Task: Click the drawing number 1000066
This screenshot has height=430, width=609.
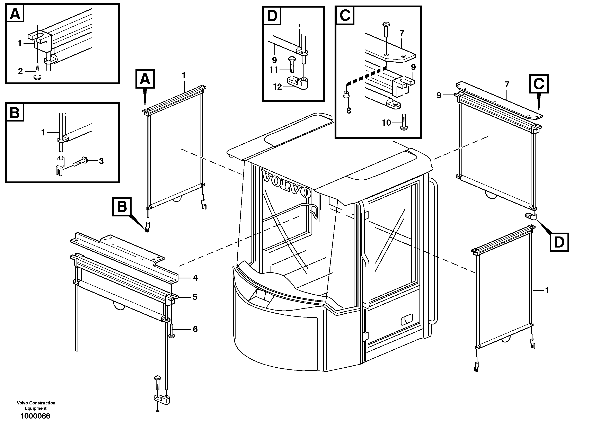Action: pos(35,416)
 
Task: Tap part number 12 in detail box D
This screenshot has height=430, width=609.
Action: pos(277,87)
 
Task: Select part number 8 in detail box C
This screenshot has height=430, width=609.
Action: pos(348,110)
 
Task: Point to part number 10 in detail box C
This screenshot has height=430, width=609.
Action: pos(387,123)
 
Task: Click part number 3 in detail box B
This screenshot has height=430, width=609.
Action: pos(101,161)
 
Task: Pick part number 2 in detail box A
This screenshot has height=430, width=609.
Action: pos(20,71)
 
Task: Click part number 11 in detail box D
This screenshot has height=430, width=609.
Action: pos(274,70)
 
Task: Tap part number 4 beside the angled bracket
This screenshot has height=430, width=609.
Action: pos(195,278)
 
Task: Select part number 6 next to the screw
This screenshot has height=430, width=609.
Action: pos(195,329)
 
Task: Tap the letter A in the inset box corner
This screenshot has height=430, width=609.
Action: pos(15,14)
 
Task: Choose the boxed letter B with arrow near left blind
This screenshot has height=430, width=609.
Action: pos(122,207)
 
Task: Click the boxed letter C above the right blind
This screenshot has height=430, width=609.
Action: pos(539,84)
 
